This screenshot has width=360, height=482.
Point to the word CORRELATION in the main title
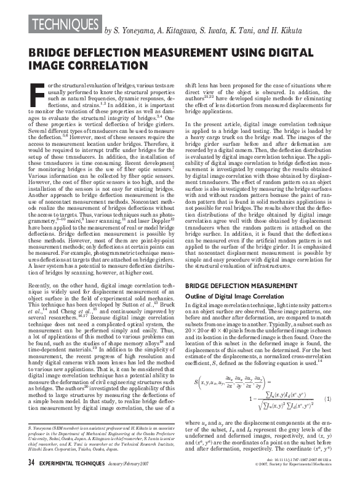click(87, 65)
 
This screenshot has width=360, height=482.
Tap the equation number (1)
click(329, 400)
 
